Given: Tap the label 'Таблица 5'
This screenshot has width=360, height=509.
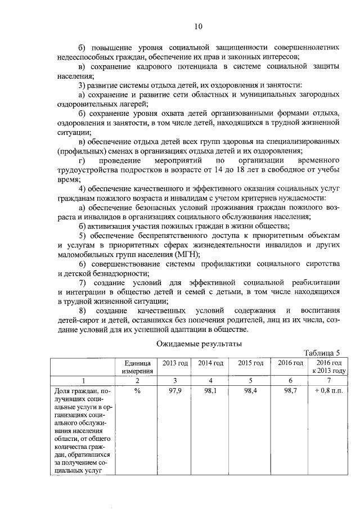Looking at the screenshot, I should click(x=322, y=353).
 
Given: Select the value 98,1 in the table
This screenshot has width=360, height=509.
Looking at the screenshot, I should click(x=210, y=390).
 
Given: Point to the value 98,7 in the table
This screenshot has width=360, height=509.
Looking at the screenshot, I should click(x=290, y=390).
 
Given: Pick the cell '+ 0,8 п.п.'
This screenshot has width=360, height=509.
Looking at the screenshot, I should click(x=329, y=390).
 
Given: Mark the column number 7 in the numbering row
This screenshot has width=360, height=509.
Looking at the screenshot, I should click(x=329, y=380).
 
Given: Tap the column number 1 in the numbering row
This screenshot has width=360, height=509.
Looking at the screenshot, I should click(x=83, y=380).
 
